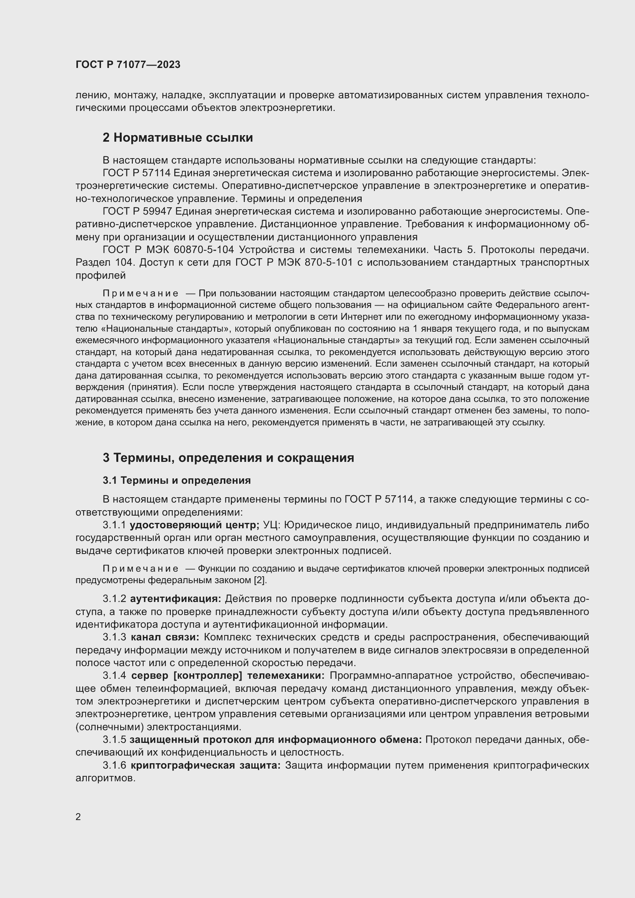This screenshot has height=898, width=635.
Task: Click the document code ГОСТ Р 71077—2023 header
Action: coord(128,64)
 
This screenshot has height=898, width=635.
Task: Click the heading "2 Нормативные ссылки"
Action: coord(178,138)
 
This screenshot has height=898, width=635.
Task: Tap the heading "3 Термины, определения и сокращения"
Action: coord(228,458)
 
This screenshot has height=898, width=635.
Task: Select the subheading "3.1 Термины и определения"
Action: coord(177,480)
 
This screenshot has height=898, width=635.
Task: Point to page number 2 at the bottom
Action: coord(78,817)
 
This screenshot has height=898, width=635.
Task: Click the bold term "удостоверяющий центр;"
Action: coord(194,525)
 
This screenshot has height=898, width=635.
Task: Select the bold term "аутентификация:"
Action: coord(175,599)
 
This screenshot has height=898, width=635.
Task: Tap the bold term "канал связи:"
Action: coord(165,637)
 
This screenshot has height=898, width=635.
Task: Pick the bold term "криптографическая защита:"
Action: coord(205,766)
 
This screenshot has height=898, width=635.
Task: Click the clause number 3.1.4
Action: coord(114,675)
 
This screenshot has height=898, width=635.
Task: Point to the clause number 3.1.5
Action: coord(114,739)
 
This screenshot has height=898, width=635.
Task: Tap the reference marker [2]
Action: coord(260,580)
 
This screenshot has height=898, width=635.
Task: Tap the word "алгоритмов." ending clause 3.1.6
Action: coord(105,778)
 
